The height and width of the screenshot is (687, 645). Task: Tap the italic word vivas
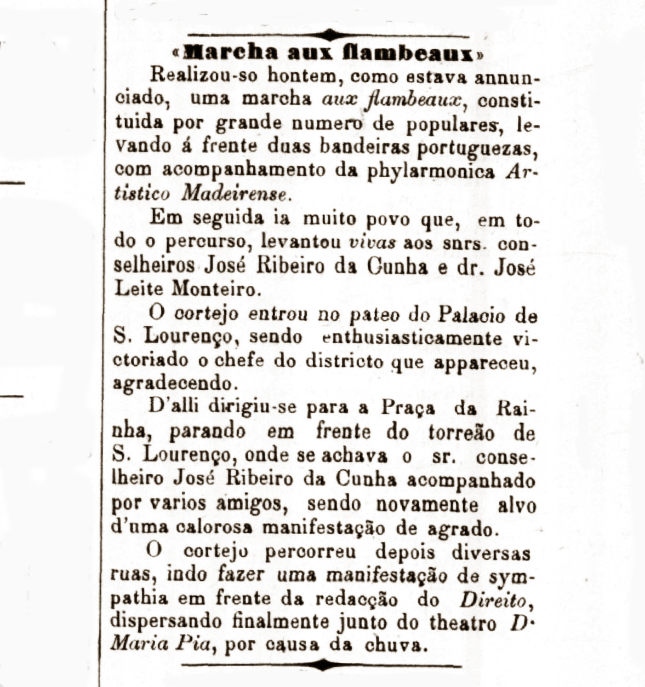pyautogui.click(x=372, y=241)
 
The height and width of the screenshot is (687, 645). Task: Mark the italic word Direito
pyautogui.click(x=495, y=599)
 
